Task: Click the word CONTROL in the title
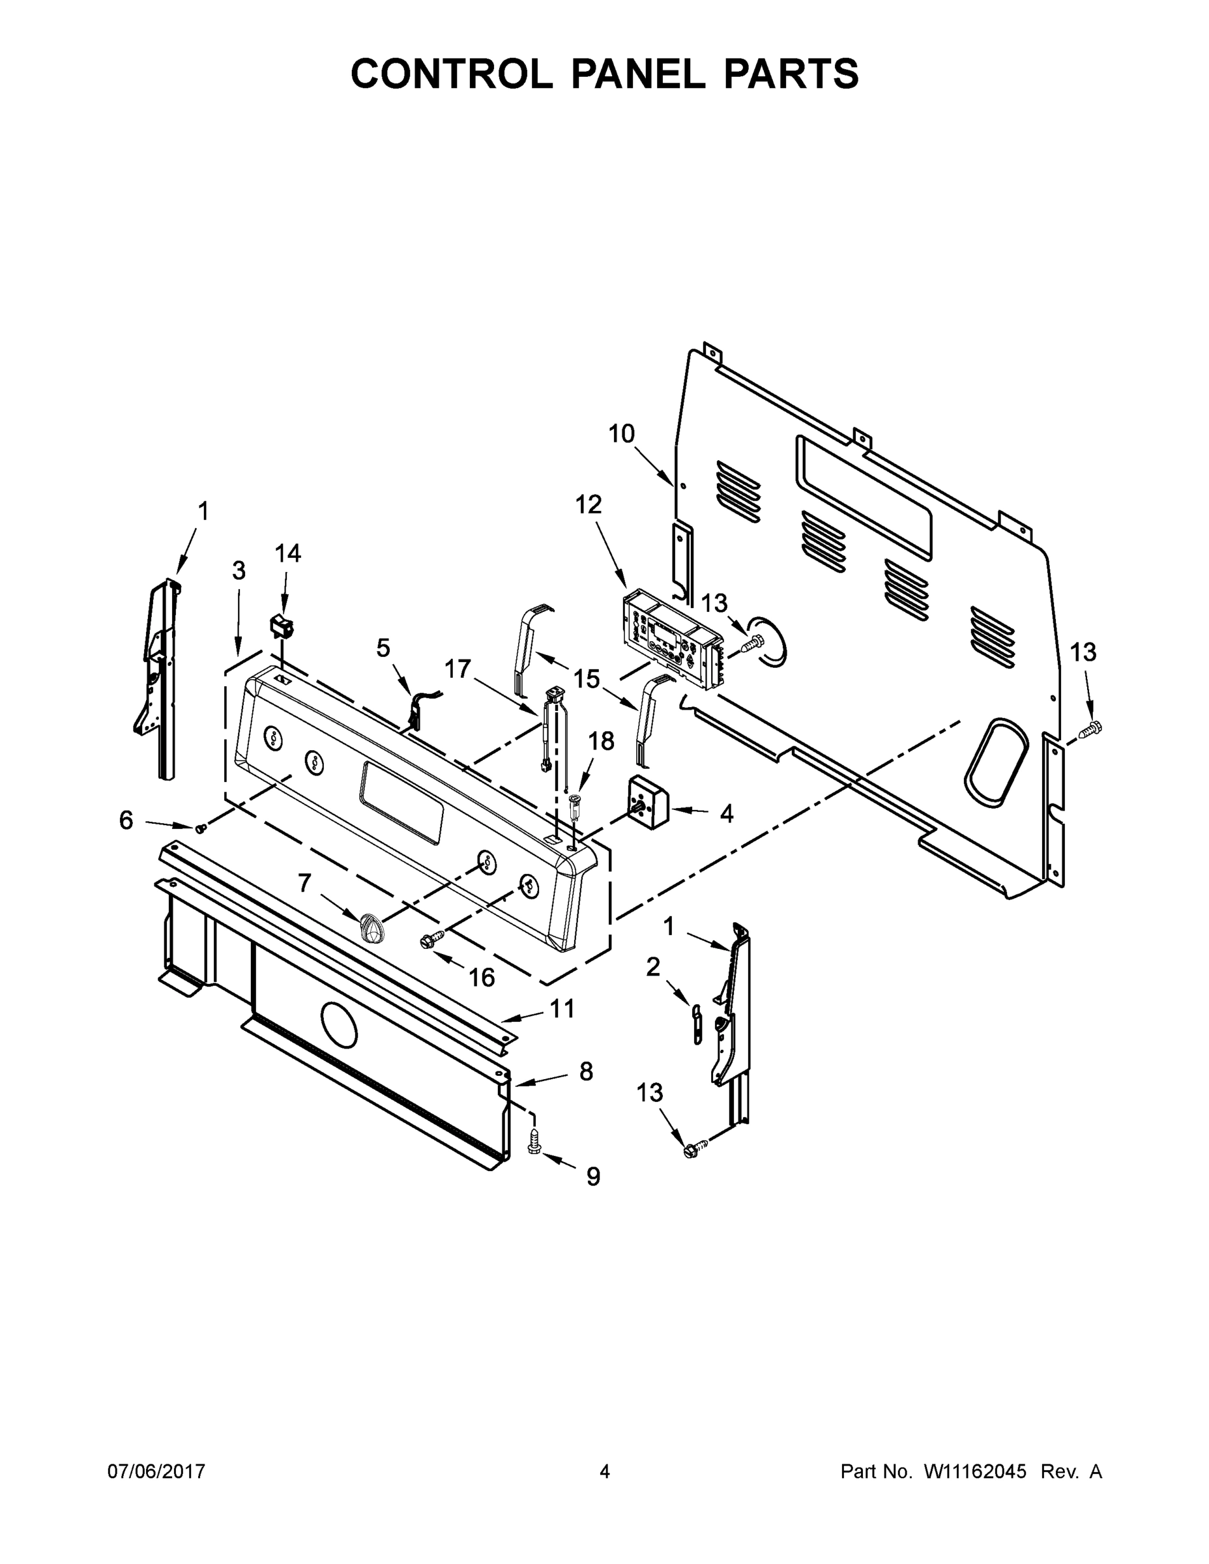tap(450, 74)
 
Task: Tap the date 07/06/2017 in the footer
tap(156, 1471)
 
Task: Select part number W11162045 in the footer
tap(975, 1471)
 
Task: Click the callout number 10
tap(622, 433)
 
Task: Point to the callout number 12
tap(589, 505)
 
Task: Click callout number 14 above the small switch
tap(288, 553)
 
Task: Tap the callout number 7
tap(304, 884)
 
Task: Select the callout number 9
tap(593, 1176)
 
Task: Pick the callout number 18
tap(602, 741)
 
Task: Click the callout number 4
tap(726, 813)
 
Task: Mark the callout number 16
tap(481, 977)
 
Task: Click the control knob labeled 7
tap(371, 929)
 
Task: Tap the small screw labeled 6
tap(201, 828)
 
